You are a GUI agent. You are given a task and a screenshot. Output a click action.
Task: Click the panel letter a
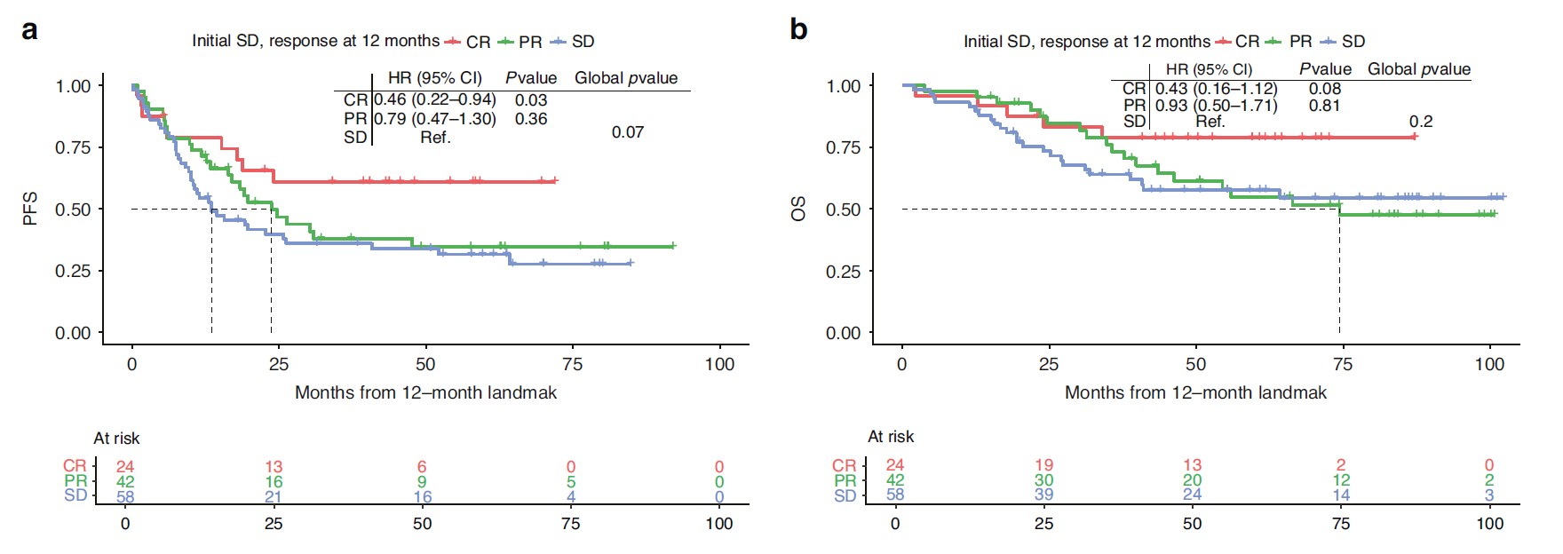tap(29, 31)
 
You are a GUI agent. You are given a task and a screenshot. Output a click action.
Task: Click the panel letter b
tap(798, 30)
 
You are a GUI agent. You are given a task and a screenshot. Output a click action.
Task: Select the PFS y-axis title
tap(30, 210)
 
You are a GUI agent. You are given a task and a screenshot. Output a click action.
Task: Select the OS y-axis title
tap(798, 210)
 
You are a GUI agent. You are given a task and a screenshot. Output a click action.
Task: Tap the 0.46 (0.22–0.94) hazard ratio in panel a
tap(434, 99)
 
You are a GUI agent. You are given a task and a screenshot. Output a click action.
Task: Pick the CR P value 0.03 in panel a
tap(531, 100)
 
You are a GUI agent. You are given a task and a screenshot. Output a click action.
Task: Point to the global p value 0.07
tap(627, 132)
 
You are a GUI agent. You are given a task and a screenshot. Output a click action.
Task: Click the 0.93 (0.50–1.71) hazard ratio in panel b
tap(1216, 106)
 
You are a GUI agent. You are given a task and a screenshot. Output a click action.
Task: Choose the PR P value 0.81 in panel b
tap(1324, 106)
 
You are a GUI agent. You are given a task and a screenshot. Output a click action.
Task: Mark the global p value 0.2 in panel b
tap(1421, 122)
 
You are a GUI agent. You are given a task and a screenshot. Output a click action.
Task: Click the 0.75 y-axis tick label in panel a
tap(73, 147)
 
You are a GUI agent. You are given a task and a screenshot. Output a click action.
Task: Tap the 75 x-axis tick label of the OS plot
tap(1342, 364)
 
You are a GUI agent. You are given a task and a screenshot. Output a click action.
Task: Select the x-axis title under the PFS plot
tap(425, 392)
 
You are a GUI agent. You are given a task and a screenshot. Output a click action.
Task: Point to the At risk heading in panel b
tap(890, 437)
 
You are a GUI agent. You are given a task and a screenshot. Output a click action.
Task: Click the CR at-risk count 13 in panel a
tap(274, 467)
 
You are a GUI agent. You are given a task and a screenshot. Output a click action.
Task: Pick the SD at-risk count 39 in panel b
tap(1043, 495)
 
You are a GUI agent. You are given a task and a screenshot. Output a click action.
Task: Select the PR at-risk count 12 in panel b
tap(1341, 480)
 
